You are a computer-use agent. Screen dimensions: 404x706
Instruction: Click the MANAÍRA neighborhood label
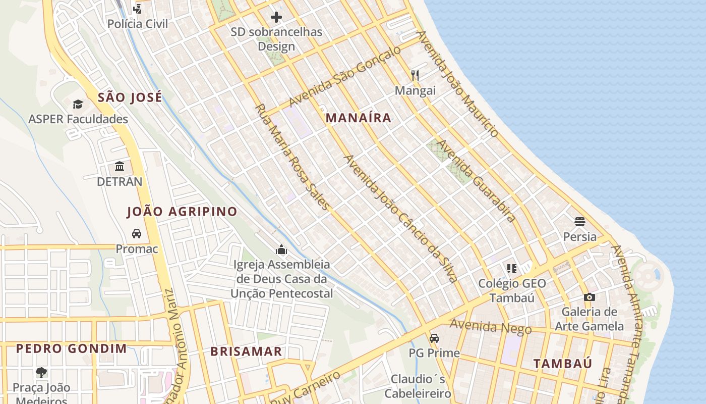[358, 118]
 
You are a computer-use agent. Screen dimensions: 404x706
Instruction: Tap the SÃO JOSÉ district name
[130, 97]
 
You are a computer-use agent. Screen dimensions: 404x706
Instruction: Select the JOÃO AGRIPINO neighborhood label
[182, 212]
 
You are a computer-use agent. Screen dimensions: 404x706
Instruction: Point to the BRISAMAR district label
[246, 352]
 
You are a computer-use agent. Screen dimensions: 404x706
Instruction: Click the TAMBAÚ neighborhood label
[563, 364]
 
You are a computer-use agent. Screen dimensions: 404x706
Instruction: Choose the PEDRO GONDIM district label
[72, 348]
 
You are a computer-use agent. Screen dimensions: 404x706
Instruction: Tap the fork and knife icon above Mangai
[415, 76]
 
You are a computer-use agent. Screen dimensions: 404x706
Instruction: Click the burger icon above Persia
[579, 221]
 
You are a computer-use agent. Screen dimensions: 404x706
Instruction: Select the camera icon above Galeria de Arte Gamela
[589, 297]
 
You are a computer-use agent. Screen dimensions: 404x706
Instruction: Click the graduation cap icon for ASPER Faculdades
[78, 104]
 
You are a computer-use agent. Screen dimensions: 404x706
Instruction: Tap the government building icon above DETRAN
[120, 166]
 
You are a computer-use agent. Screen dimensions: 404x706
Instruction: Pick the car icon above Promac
[137, 234]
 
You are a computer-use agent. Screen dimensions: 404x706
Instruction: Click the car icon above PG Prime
[434, 338]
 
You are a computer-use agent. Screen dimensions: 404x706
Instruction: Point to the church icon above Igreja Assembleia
[281, 249]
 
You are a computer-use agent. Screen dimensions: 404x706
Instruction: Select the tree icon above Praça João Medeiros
[41, 373]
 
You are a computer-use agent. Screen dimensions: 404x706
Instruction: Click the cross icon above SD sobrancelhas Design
[276, 17]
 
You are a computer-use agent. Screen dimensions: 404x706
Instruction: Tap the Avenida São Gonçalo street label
[345, 76]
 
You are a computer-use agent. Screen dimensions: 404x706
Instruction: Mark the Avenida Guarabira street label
[476, 181]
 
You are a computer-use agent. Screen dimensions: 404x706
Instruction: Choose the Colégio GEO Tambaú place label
[512, 290]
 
